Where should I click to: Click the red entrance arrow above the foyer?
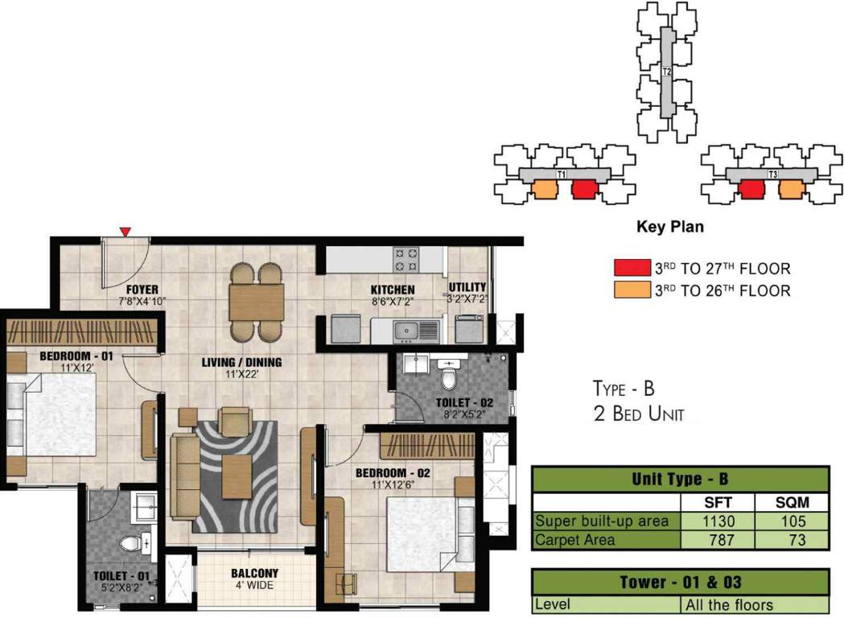(x=125, y=232)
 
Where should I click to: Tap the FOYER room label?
(x=141, y=290)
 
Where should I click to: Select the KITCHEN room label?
(x=393, y=290)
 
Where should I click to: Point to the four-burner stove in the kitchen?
(x=406, y=258)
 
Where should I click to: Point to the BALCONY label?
(x=254, y=573)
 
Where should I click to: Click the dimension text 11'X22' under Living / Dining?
(x=241, y=374)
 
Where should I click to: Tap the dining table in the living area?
(x=257, y=303)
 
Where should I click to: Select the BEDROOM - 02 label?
(x=393, y=473)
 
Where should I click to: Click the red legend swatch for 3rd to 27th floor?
(x=631, y=268)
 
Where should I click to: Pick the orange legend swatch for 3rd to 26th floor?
(x=631, y=289)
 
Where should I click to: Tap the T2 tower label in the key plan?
(x=666, y=72)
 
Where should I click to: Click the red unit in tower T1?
(x=584, y=189)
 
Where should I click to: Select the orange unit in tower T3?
(x=791, y=188)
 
